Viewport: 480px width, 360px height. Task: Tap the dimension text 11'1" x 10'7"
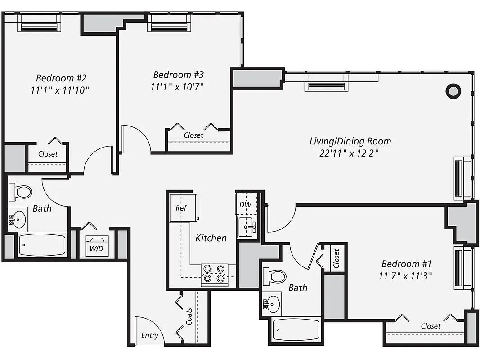tap(177, 86)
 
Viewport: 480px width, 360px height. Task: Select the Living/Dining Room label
tap(350, 141)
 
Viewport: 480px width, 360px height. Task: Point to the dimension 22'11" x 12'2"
tap(349, 153)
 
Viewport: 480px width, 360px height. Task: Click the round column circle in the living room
tap(453, 91)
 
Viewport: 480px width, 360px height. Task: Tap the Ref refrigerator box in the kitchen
tap(182, 207)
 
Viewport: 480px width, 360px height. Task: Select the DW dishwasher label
tap(245, 205)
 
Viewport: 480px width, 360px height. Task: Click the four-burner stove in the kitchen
tap(214, 274)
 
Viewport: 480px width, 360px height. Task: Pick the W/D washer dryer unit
tap(95, 247)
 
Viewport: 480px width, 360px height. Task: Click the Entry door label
tap(149, 335)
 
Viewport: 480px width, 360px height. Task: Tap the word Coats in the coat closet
tap(189, 316)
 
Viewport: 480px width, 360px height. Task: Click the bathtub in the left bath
tap(42, 245)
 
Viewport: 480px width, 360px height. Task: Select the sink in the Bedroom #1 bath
tap(271, 305)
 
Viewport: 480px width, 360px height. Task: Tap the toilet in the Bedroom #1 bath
tap(274, 276)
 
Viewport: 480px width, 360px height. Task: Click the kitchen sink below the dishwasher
tap(247, 226)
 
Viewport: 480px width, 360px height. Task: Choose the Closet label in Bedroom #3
tap(193, 135)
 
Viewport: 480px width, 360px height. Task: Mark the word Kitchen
tap(211, 238)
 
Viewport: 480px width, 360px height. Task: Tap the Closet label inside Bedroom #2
tap(48, 154)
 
